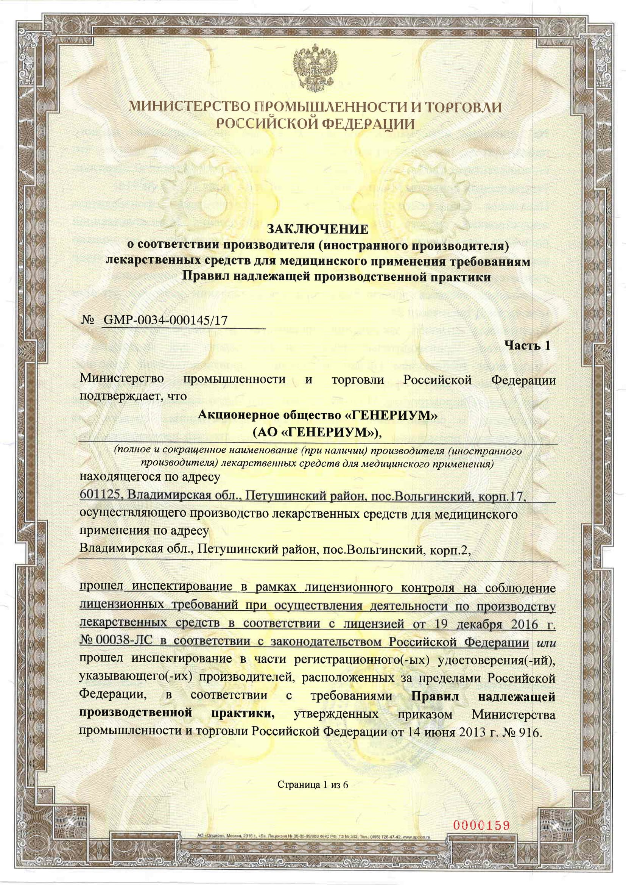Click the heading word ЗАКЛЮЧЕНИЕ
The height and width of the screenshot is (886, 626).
(x=318, y=229)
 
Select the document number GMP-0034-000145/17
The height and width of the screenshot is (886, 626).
(x=165, y=320)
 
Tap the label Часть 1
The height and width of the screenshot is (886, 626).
(x=527, y=345)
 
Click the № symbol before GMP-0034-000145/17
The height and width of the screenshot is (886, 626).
(x=88, y=320)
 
